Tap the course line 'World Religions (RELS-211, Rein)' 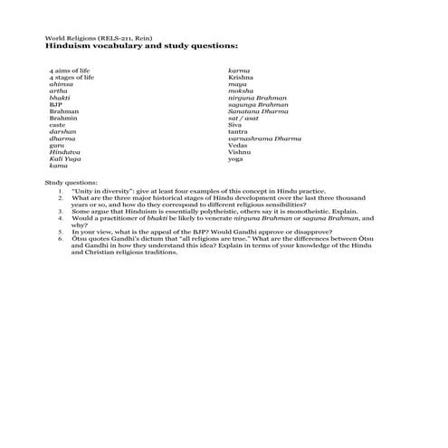click(x=88, y=36)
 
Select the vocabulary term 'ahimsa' click(x=62, y=84)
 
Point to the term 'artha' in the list click(x=59, y=91)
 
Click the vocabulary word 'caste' click(x=57, y=124)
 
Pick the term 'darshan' click(x=62, y=131)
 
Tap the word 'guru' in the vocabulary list click(x=57, y=145)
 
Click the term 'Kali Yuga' click(x=64, y=158)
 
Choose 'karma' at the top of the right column click(x=239, y=70)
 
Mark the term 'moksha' click(x=241, y=91)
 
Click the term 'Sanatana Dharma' click(x=257, y=110)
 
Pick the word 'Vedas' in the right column click(x=238, y=145)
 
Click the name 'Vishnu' click(x=240, y=151)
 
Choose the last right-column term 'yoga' click(x=236, y=158)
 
